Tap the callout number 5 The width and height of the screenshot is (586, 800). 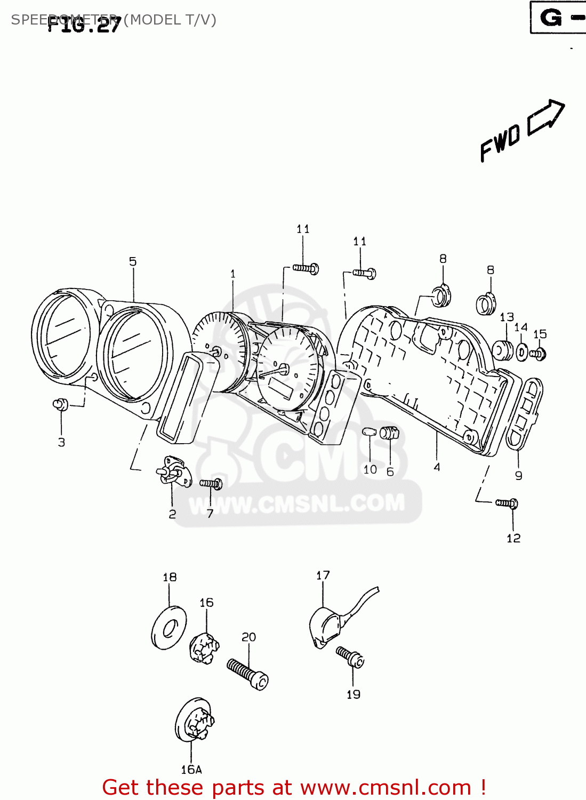pos(133,261)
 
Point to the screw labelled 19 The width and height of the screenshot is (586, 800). pos(350,657)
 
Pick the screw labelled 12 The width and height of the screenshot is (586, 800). pos(507,503)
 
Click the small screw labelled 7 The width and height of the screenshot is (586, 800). pos(211,484)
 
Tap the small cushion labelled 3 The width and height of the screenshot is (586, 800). pos(61,405)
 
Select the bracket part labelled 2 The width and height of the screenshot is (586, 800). pos(172,471)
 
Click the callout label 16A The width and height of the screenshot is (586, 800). pos(191,770)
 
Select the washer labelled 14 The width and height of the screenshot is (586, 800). pos(522,352)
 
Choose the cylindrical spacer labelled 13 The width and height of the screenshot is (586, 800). pos(502,350)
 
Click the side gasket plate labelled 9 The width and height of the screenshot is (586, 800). pos(524,413)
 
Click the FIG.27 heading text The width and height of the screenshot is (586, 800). pos(84,25)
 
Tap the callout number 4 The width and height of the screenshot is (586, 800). pos(437,467)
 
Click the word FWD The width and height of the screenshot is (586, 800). pos(500,142)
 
